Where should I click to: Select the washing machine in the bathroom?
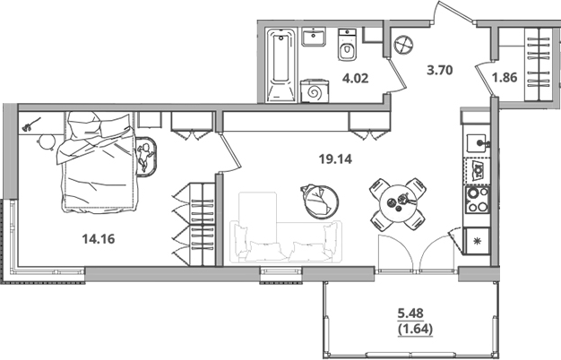(x=315, y=91)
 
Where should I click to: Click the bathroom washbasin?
(x=314, y=39)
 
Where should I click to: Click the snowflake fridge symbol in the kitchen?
(x=477, y=241)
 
